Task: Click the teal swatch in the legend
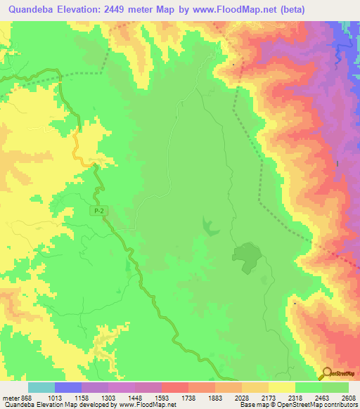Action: tap(41, 387)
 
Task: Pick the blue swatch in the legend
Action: tap(67, 387)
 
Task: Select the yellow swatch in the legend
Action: tap(281, 387)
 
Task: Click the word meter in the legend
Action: tap(8, 398)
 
